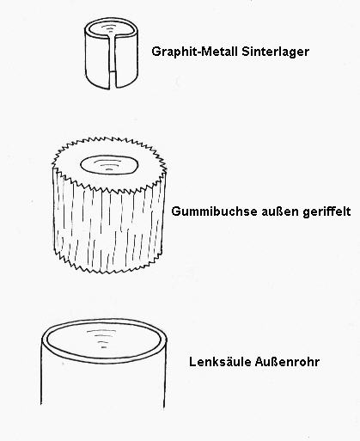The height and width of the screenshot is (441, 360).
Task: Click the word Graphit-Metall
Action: click(x=195, y=52)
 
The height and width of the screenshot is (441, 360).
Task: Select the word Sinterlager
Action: click(x=275, y=52)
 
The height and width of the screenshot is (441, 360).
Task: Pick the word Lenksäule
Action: click(x=220, y=362)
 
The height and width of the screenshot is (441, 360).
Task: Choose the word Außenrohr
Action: click(x=287, y=362)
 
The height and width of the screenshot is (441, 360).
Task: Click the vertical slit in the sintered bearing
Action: click(x=113, y=60)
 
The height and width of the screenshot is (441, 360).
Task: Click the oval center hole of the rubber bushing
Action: click(x=109, y=165)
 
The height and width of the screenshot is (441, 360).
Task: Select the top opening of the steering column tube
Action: click(x=103, y=340)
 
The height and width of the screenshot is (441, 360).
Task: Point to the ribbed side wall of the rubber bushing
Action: click(x=109, y=226)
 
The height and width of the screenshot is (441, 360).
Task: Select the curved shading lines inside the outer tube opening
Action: click(x=101, y=339)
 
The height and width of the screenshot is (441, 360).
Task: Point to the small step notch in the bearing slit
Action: click(x=113, y=70)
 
